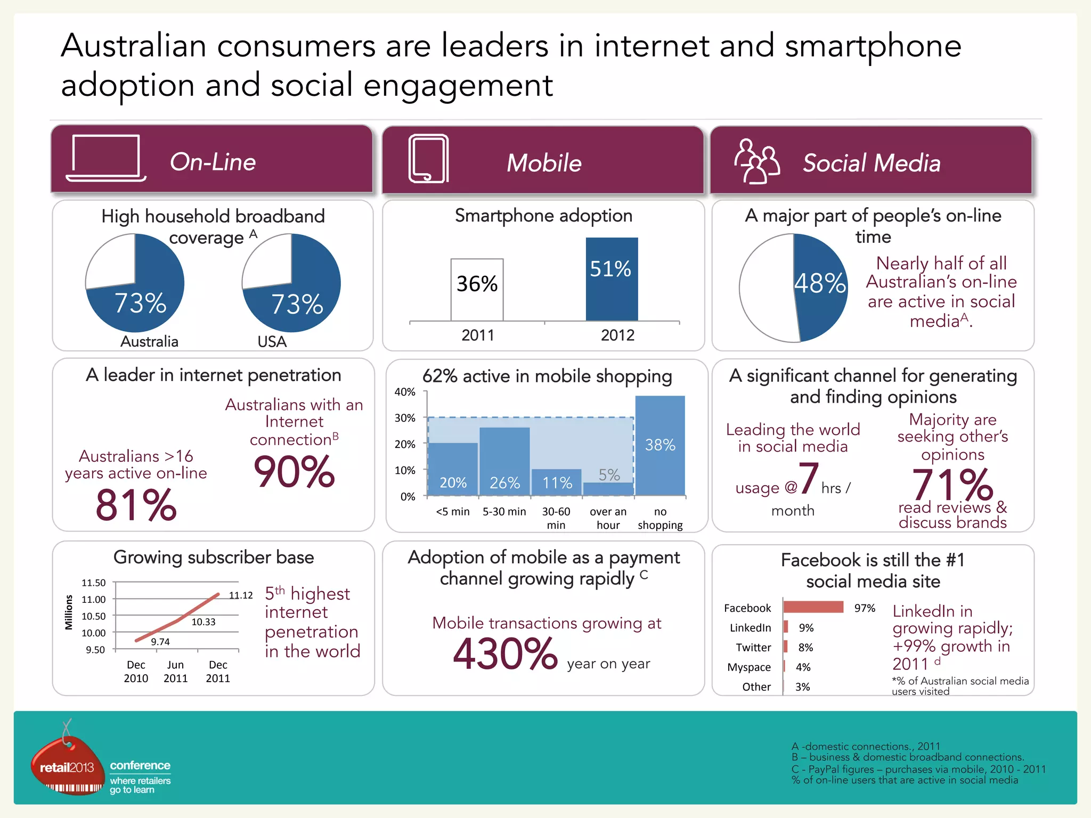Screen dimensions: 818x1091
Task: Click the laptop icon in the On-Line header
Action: tap(105, 158)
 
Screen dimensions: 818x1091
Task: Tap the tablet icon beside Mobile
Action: tap(428, 159)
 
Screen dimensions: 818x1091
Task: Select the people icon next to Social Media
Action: tap(756, 161)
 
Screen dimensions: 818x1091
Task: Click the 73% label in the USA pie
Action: tap(297, 305)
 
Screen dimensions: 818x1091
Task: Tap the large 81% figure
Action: tap(136, 505)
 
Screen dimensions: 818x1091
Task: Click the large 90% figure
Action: tap(294, 472)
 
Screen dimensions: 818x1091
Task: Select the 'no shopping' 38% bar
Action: tap(660, 445)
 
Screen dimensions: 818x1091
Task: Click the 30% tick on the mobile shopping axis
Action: tap(405, 418)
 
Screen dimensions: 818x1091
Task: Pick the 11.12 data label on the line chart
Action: tap(241, 595)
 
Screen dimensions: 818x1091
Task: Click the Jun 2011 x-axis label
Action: tap(175, 671)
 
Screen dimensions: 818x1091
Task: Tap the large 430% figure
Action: tap(505, 654)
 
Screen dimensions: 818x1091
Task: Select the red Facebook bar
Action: tap(813, 607)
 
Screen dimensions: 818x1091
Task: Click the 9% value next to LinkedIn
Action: tap(806, 628)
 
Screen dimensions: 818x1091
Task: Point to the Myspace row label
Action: tap(749, 667)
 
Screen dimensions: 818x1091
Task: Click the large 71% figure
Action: tap(952, 485)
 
